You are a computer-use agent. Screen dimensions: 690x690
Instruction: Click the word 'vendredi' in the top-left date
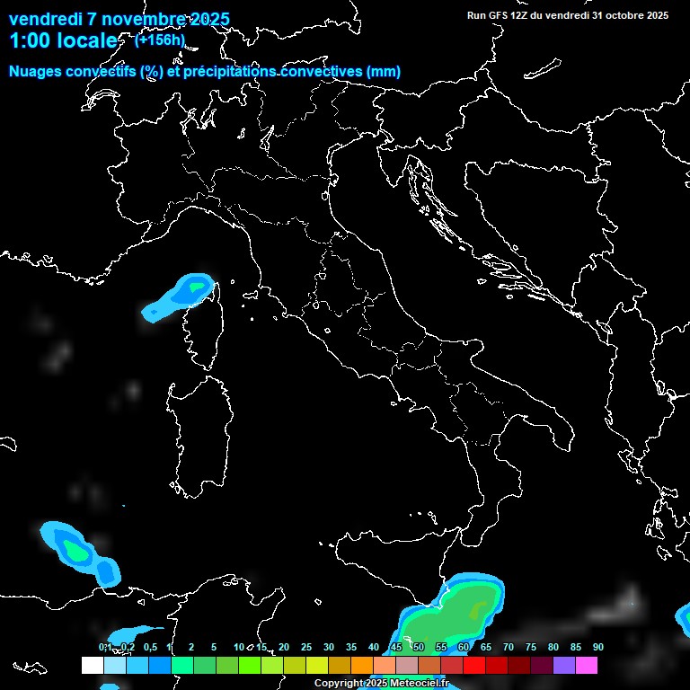44,19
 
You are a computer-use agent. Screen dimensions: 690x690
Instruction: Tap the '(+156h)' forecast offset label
160,40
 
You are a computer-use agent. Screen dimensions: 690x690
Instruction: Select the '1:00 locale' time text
63,40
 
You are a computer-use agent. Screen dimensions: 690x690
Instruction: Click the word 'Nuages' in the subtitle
35,72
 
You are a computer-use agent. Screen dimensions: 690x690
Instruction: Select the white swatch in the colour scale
92,666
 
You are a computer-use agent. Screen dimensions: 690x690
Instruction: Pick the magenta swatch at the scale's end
587,666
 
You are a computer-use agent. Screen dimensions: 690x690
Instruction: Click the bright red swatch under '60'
474,666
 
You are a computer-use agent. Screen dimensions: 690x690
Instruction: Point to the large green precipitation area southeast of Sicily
449,620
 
